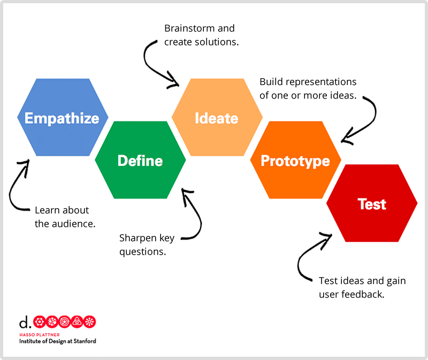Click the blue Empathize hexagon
pyautogui.click(x=63, y=118)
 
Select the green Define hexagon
pyautogui.click(x=140, y=160)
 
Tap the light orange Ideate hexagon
pyautogui.click(x=217, y=118)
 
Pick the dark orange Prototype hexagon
pyautogui.click(x=295, y=160)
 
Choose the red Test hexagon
pyautogui.click(x=372, y=204)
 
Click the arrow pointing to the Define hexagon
pyautogui.click(x=195, y=214)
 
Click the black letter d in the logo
pyautogui.click(x=24, y=322)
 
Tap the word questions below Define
pyautogui.click(x=142, y=251)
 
